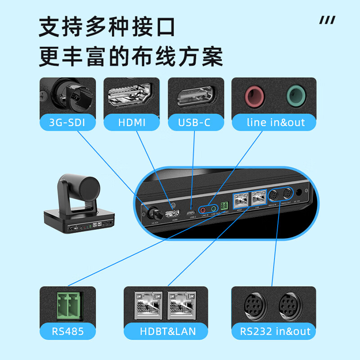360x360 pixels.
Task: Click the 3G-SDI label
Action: pyautogui.click(x=67, y=122)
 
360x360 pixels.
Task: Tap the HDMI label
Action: pyautogui.click(x=132, y=122)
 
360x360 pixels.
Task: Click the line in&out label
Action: pyautogui.click(x=275, y=122)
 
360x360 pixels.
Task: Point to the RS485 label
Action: pyautogui.click(x=67, y=332)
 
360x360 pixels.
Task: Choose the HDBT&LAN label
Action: pyautogui.click(x=168, y=332)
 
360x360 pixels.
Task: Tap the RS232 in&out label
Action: pyautogui.click(x=275, y=332)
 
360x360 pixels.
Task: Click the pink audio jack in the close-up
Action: pyautogui.click(x=254, y=95)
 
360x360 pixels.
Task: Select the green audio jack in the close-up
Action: pyautogui.click(x=296, y=95)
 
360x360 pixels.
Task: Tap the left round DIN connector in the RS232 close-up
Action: pyautogui.click(x=254, y=306)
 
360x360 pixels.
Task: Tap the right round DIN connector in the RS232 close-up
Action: pyautogui.click(x=291, y=306)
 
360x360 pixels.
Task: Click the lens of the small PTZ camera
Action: pyautogui.click(x=92, y=186)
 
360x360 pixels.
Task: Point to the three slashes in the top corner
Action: pyautogui.click(x=327, y=20)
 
